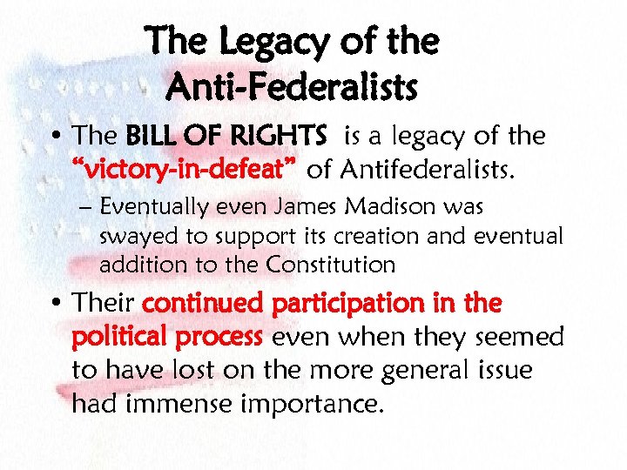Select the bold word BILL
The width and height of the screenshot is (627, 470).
point(152,136)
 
